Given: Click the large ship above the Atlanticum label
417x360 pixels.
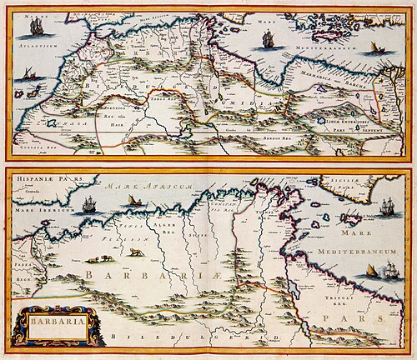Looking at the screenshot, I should click(x=36, y=27).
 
